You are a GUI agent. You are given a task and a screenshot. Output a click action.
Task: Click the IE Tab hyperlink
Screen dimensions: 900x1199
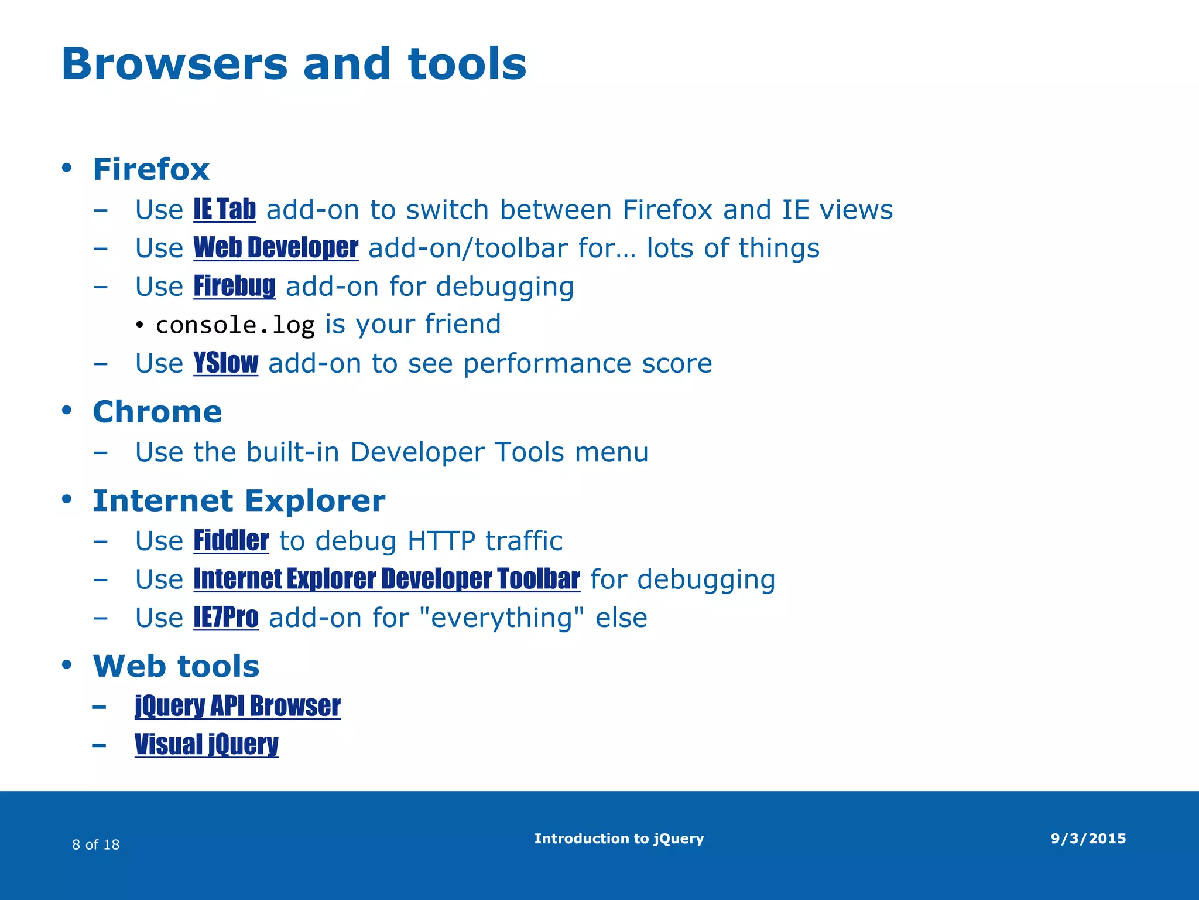tap(225, 210)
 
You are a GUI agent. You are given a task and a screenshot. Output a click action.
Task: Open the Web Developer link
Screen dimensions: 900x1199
tap(276, 248)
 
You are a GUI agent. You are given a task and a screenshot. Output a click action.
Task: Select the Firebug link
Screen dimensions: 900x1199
tap(234, 287)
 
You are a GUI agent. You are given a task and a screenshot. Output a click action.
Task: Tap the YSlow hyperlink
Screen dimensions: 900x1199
tap(226, 363)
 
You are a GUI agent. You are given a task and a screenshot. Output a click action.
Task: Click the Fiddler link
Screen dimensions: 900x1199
tap(231, 540)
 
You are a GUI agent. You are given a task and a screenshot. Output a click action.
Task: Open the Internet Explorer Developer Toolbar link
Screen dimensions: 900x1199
tap(386, 579)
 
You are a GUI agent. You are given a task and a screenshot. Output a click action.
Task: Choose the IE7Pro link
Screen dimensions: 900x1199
tap(226, 618)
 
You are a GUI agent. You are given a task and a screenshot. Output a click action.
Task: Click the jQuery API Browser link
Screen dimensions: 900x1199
tap(238, 706)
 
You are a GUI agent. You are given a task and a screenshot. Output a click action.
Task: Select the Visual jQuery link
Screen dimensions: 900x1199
tap(207, 745)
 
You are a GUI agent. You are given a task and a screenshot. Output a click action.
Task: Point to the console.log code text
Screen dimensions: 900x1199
tap(235, 325)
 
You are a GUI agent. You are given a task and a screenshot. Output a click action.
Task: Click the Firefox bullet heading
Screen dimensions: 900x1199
tap(151, 169)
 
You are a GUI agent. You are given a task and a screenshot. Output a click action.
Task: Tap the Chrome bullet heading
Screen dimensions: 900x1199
tap(157, 412)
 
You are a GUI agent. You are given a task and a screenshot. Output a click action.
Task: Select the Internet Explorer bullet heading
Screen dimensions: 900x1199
tap(239, 501)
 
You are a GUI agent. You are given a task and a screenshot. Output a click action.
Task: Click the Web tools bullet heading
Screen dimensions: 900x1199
tap(176, 666)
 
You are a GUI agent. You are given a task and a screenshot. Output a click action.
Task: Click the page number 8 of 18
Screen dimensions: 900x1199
tap(96, 844)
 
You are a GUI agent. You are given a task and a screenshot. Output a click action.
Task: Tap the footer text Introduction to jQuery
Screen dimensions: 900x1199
tap(619, 838)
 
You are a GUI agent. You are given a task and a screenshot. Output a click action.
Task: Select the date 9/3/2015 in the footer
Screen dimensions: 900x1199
tap(1088, 838)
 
